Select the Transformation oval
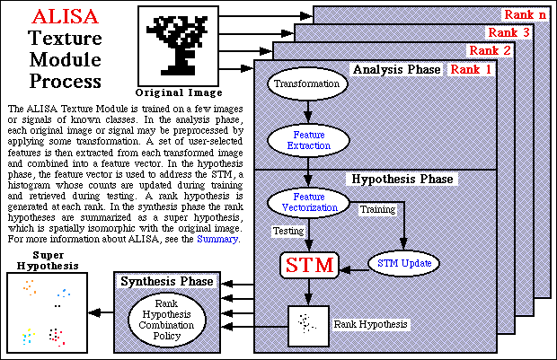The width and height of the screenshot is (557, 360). (x=307, y=84)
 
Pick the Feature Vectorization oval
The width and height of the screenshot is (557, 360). (x=308, y=201)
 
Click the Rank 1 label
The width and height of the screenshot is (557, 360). (x=471, y=68)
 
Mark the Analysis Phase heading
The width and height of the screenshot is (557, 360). (x=396, y=69)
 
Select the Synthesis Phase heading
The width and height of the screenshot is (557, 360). (x=167, y=282)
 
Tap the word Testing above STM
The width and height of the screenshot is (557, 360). (x=287, y=231)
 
